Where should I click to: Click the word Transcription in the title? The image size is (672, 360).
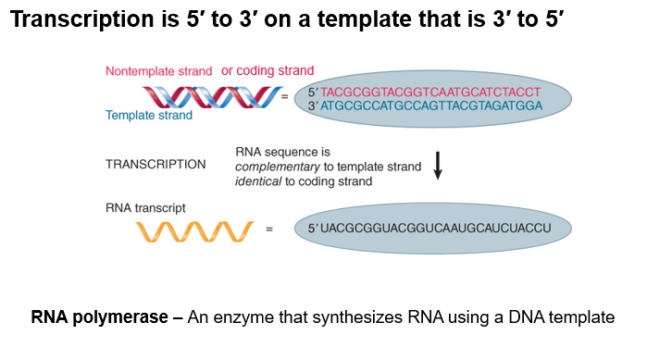tap(81, 19)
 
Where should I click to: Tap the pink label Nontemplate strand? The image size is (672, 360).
tap(158, 71)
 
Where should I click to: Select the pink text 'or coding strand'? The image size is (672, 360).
tap(268, 70)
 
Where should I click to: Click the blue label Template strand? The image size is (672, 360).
tap(149, 116)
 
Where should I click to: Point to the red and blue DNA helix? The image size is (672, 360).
tap(212, 97)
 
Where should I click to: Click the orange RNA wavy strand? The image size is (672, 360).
tap(194, 231)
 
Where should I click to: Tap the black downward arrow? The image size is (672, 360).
tap(438, 166)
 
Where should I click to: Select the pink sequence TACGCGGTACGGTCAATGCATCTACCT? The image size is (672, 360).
tap(430, 93)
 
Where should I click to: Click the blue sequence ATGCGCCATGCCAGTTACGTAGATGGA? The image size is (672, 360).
tap(431, 106)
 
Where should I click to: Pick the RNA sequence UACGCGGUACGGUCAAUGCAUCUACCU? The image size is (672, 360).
tap(436, 228)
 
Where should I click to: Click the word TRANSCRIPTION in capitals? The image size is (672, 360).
tap(156, 164)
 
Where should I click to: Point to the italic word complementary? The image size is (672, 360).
tap(278, 167)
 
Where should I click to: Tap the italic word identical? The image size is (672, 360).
tap(258, 181)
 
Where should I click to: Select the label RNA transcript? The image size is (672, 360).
tap(145, 208)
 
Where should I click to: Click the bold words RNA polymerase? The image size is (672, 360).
tap(99, 317)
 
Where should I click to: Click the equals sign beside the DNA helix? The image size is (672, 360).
tap(284, 97)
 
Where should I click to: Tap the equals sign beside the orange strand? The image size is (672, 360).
tap(269, 230)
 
